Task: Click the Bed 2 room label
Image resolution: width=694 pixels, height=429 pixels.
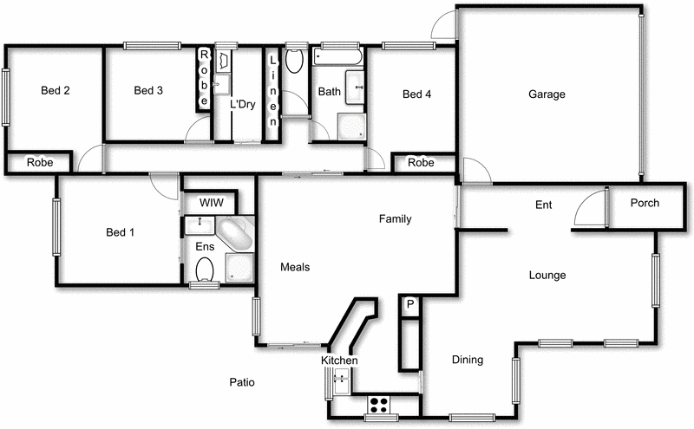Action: click(55, 90)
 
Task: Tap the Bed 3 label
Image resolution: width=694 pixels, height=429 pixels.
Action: click(148, 90)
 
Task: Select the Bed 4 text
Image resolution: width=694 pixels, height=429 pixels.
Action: click(416, 94)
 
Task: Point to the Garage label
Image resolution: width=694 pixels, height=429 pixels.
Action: click(547, 94)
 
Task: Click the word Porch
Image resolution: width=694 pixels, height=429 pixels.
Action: click(645, 204)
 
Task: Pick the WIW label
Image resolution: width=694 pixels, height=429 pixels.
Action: click(212, 203)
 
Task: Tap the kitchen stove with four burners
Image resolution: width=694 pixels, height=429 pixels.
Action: click(379, 403)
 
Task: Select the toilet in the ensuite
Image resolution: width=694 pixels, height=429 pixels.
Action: click(205, 271)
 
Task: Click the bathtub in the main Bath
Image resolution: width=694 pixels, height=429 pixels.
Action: click(337, 57)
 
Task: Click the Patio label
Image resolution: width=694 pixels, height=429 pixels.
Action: click(242, 382)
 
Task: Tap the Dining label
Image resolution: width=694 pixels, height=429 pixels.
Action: click(468, 360)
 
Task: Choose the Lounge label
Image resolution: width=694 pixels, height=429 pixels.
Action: click(547, 276)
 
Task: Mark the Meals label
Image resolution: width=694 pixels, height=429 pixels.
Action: click(295, 267)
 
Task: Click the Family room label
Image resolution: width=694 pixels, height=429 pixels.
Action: click(395, 219)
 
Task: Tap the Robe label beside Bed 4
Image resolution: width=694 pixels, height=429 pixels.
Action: click(421, 163)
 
